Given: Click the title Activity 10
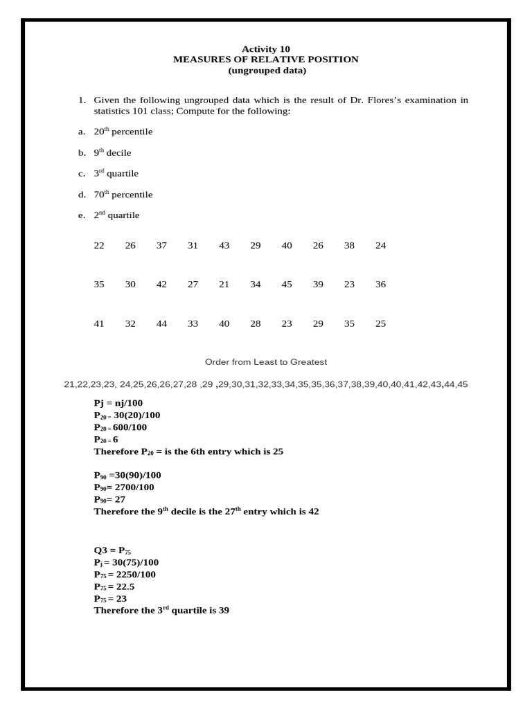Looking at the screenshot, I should point(265,48).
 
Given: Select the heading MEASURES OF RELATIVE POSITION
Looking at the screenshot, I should point(265,60).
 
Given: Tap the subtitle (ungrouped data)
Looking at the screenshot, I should point(267,71).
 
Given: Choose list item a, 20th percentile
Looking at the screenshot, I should point(123,132).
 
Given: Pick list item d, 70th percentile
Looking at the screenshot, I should point(123,195).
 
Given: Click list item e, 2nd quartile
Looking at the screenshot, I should point(116,215).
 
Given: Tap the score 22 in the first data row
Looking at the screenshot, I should point(99,246).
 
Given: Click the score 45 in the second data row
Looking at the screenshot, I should point(287,285).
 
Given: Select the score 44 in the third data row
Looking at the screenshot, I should point(161,324).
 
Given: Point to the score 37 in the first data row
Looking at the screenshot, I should point(161,246).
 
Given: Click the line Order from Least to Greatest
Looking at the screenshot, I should point(266,362).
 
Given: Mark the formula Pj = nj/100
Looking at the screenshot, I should point(118,403).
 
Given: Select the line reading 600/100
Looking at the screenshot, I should point(121,427).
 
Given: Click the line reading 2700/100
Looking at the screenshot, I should point(124,487).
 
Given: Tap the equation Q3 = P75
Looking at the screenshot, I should point(112,550).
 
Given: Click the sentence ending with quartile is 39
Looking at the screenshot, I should point(161,611).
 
